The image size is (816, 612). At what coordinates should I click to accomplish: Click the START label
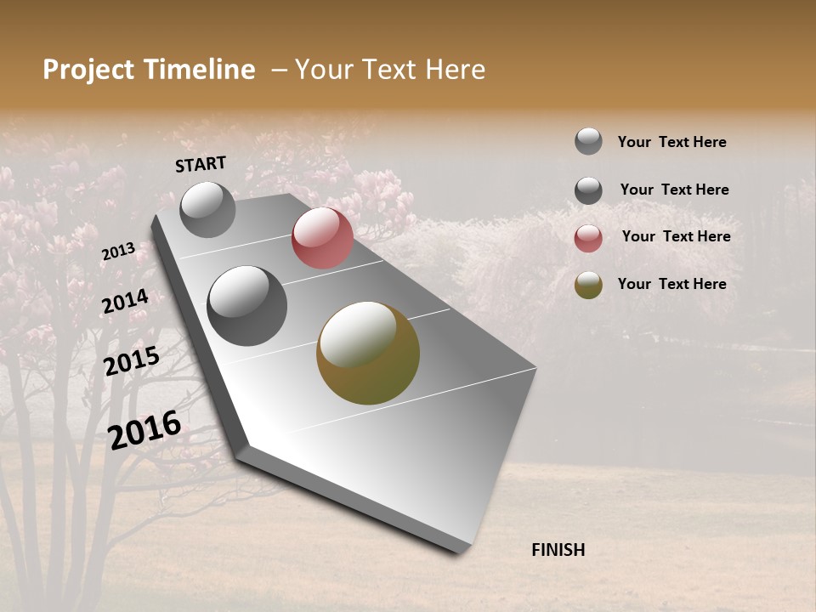click(201, 164)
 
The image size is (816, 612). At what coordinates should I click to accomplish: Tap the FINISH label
click(558, 550)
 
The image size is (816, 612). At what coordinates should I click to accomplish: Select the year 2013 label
click(118, 252)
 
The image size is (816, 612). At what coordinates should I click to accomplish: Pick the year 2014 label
click(125, 302)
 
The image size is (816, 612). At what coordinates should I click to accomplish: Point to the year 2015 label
click(131, 362)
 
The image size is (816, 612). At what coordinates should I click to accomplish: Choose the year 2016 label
click(144, 430)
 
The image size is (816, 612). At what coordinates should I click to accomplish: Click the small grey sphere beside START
click(207, 209)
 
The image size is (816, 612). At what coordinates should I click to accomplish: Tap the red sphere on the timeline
click(322, 238)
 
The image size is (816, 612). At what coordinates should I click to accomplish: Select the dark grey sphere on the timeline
click(246, 306)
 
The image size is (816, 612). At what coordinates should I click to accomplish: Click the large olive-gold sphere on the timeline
click(368, 353)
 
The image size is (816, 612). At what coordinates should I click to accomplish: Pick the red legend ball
click(588, 238)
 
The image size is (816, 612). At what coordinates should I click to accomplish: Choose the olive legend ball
click(588, 285)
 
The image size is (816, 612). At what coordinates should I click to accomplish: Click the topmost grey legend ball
click(588, 141)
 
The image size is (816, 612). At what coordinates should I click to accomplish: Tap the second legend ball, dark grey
click(588, 190)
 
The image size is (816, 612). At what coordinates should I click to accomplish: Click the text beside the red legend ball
click(676, 236)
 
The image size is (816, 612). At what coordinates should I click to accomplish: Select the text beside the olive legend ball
click(671, 284)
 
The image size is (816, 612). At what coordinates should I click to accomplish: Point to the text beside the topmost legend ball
click(671, 142)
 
